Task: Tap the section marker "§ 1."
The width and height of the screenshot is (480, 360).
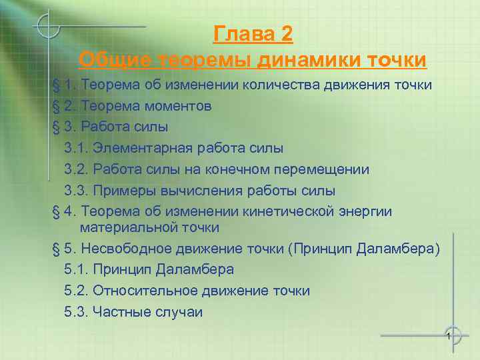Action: (64, 85)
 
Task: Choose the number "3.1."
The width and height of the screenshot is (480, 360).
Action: (77, 148)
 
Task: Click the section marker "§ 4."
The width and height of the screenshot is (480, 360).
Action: (64, 212)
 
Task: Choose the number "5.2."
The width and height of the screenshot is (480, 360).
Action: (77, 291)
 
